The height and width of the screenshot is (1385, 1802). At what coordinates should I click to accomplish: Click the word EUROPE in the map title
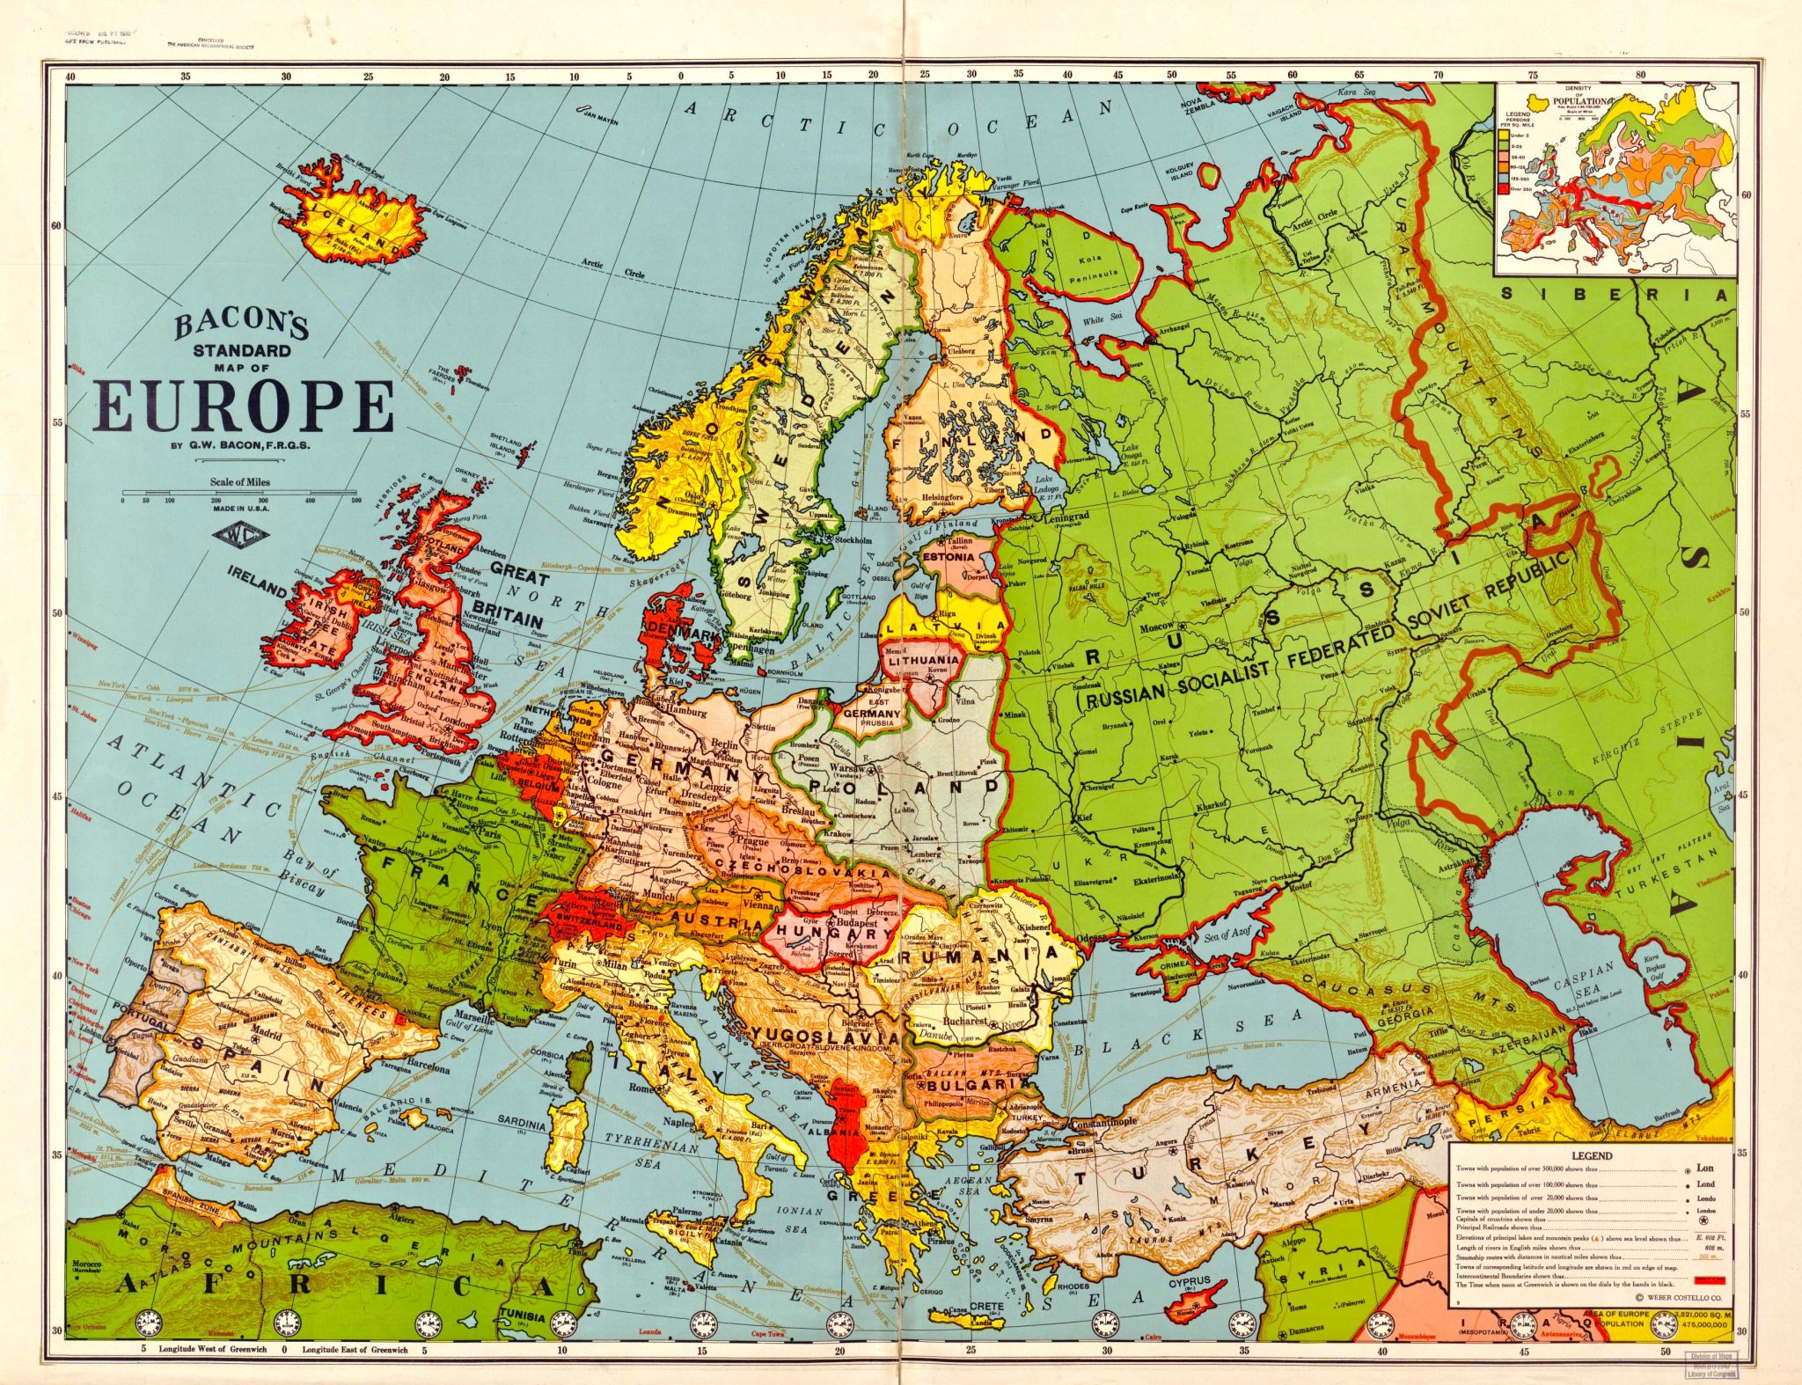(x=244, y=407)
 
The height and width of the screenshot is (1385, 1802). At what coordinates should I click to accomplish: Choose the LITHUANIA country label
(x=923, y=660)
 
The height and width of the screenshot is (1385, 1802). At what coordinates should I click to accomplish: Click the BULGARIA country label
(x=968, y=1086)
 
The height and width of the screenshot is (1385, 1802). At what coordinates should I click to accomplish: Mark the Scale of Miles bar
(x=240, y=491)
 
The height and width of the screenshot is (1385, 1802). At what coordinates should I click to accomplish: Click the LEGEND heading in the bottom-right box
(x=1591, y=1155)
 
